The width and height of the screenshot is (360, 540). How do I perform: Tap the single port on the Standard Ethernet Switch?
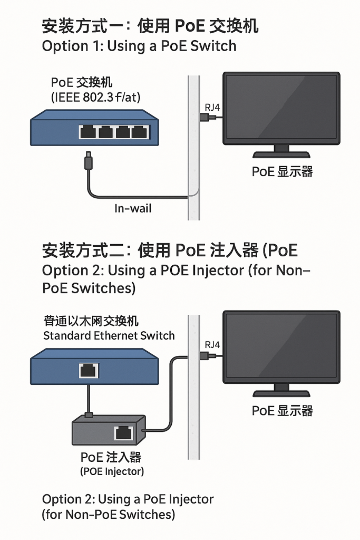89,370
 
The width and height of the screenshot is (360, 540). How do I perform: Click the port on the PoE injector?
123,433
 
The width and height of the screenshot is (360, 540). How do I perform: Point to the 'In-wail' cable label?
133,209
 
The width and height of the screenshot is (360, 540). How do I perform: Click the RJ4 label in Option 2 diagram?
212,344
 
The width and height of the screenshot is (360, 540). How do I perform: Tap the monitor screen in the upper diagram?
281,108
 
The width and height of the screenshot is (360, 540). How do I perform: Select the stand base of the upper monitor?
281,155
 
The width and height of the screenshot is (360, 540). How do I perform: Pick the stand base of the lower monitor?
281,393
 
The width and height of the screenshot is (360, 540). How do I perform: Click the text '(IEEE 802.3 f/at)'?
96,97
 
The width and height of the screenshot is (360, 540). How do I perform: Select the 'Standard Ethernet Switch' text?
109,335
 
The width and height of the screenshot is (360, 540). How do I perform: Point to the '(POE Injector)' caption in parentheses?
112,471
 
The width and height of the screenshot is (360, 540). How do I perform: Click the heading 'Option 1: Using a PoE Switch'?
139,46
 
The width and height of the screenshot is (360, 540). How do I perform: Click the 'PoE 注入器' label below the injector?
111,457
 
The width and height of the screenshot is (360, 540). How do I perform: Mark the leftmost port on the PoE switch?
87,131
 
